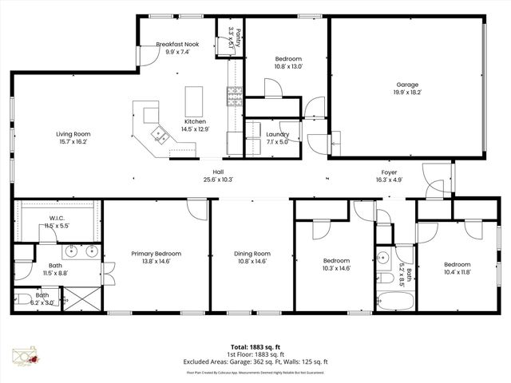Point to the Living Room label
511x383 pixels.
(73, 134)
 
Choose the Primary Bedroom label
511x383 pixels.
(156, 254)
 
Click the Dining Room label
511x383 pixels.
(250, 254)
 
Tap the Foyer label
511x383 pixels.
(388, 172)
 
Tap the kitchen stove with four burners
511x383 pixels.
(235, 97)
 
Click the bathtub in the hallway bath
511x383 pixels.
(395, 302)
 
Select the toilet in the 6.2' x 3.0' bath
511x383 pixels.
(22, 300)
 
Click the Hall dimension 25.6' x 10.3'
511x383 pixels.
(217, 180)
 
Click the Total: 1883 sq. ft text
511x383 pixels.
(255, 347)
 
